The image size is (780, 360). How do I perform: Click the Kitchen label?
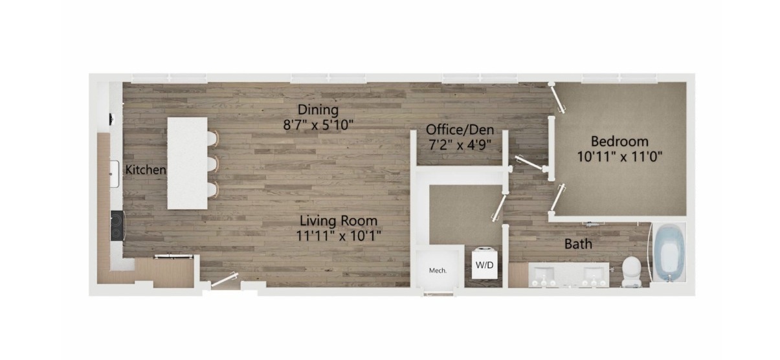146,170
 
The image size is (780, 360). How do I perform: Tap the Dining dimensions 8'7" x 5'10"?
318,125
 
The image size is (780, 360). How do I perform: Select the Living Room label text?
339,221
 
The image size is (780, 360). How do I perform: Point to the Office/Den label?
460,130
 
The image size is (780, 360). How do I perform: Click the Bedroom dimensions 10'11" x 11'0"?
620,157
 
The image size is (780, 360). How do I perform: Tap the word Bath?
578,244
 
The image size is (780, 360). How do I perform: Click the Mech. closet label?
438,271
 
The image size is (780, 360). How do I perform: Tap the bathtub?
669,252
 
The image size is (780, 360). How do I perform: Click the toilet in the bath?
631,271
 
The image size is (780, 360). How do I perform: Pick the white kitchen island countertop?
187,163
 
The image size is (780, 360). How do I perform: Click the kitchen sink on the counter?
115,174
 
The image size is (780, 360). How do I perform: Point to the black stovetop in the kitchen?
117,225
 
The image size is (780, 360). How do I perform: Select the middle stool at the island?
213,163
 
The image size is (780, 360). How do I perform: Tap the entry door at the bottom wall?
225,280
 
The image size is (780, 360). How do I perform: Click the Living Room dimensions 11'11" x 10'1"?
339,236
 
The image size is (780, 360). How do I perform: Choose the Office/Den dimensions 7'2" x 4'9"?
460,145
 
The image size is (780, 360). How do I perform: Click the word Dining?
318,110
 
